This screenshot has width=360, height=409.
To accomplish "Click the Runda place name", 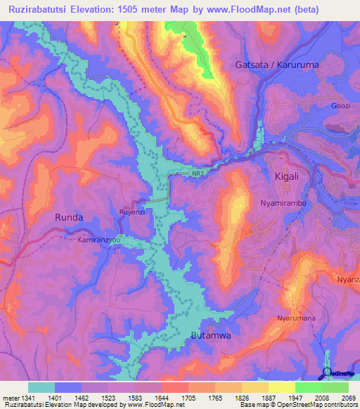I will tap(69, 217).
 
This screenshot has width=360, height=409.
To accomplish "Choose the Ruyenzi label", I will tap(133, 210).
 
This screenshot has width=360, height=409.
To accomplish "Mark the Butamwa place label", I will tap(211, 336).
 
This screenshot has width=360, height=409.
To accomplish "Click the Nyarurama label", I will tap(296, 318).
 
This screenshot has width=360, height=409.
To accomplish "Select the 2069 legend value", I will tap(349, 398).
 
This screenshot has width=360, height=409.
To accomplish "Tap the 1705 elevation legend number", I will tap(188, 398).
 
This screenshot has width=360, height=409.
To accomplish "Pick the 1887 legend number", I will tap(268, 398).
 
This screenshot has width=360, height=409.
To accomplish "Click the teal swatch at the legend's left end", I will tap(41, 387).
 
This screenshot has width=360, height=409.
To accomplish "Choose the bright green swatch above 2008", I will tap(308, 387).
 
